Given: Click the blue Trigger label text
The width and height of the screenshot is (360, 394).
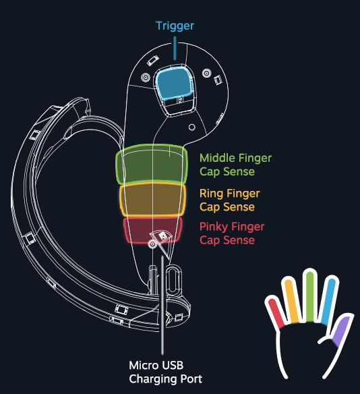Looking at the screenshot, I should [175, 26].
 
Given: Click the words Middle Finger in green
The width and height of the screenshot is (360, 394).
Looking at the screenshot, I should [235, 158].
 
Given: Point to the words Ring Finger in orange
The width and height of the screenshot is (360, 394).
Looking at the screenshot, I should [229, 193].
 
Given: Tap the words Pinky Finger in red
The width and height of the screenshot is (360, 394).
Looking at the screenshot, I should [232, 227].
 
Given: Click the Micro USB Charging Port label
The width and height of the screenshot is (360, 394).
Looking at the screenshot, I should [165, 372].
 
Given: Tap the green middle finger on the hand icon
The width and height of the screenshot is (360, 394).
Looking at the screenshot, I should [310, 294].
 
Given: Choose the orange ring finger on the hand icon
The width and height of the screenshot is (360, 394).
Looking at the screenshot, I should [291, 300].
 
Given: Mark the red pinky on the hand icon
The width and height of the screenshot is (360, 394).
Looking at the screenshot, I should [276, 312].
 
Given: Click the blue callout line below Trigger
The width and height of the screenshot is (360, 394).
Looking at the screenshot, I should [175, 48].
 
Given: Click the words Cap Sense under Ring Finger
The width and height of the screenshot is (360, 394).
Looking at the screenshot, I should [227, 206].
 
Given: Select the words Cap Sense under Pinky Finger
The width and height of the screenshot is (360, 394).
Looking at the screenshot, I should [227, 240].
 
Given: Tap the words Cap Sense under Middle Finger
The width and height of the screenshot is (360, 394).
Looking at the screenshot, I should [227, 171].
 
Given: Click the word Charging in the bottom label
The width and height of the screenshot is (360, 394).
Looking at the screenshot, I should [154, 378].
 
